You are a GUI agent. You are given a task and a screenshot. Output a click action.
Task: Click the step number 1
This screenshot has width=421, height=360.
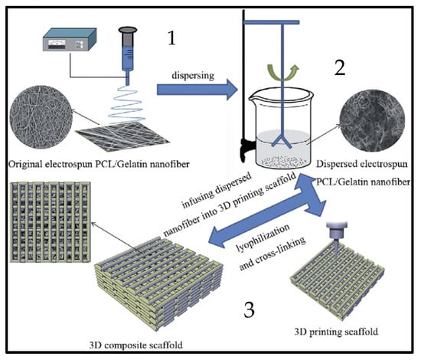[171, 38]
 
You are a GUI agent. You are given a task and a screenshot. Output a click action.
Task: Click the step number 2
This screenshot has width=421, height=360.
[340, 68]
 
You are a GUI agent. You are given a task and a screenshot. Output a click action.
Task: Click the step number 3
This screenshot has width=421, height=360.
[249, 310]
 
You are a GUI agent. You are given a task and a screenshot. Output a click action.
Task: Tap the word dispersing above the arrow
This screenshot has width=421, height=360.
[193, 76]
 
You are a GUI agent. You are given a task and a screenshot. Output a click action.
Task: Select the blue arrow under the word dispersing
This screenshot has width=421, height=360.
[197, 90]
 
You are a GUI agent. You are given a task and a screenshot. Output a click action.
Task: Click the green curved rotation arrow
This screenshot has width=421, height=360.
[282, 73]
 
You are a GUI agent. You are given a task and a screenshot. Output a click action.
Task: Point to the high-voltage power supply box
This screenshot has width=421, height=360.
[70, 40]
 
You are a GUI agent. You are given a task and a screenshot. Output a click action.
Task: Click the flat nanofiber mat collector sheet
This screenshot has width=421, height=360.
[122, 134]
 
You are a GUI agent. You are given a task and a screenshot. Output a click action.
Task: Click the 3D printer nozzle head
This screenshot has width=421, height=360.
[337, 232]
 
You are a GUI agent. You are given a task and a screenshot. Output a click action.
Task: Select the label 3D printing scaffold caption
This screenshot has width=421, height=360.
[336, 332]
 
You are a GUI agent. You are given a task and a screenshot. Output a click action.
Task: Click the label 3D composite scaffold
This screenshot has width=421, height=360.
[135, 345]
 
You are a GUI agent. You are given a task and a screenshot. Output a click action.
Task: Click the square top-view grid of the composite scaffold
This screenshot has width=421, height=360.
[51, 222]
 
